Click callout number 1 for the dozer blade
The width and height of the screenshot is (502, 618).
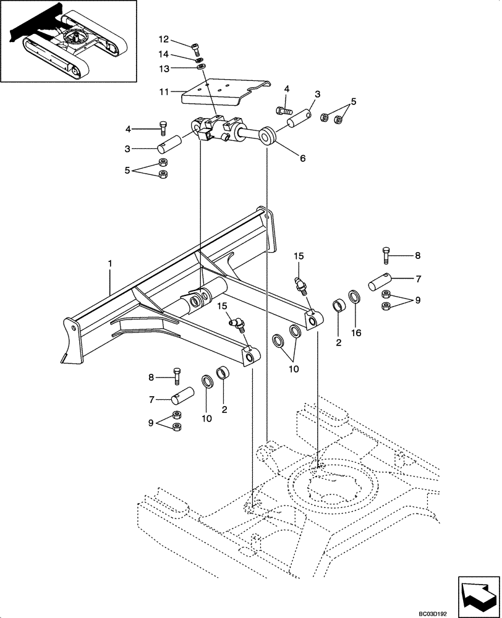pos(109,264)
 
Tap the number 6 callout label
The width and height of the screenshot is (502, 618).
pos(302,158)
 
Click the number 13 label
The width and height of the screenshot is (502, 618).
pos(164,68)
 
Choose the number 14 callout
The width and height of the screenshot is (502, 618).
pos(164,55)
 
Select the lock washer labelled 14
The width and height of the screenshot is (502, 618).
pos(200,60)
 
